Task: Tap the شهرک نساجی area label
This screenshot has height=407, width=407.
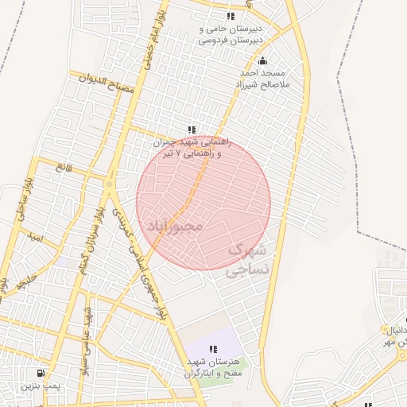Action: (248, 259)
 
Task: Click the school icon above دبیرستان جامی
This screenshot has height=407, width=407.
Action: (231, 16)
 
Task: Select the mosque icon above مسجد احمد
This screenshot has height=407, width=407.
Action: (264, 61)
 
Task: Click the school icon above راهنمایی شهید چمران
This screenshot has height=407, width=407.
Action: (191, 130)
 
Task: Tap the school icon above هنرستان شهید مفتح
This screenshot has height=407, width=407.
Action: (213, 349)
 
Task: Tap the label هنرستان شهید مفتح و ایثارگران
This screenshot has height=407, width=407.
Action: (215, 367)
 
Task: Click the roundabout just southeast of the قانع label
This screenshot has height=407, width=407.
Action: (109, 184)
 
